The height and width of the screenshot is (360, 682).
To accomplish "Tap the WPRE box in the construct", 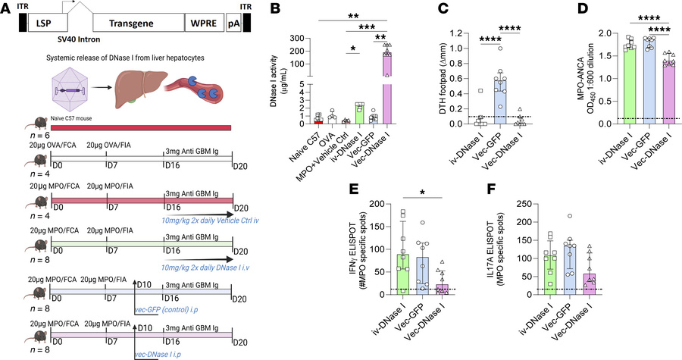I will click(x=203, y=24).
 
